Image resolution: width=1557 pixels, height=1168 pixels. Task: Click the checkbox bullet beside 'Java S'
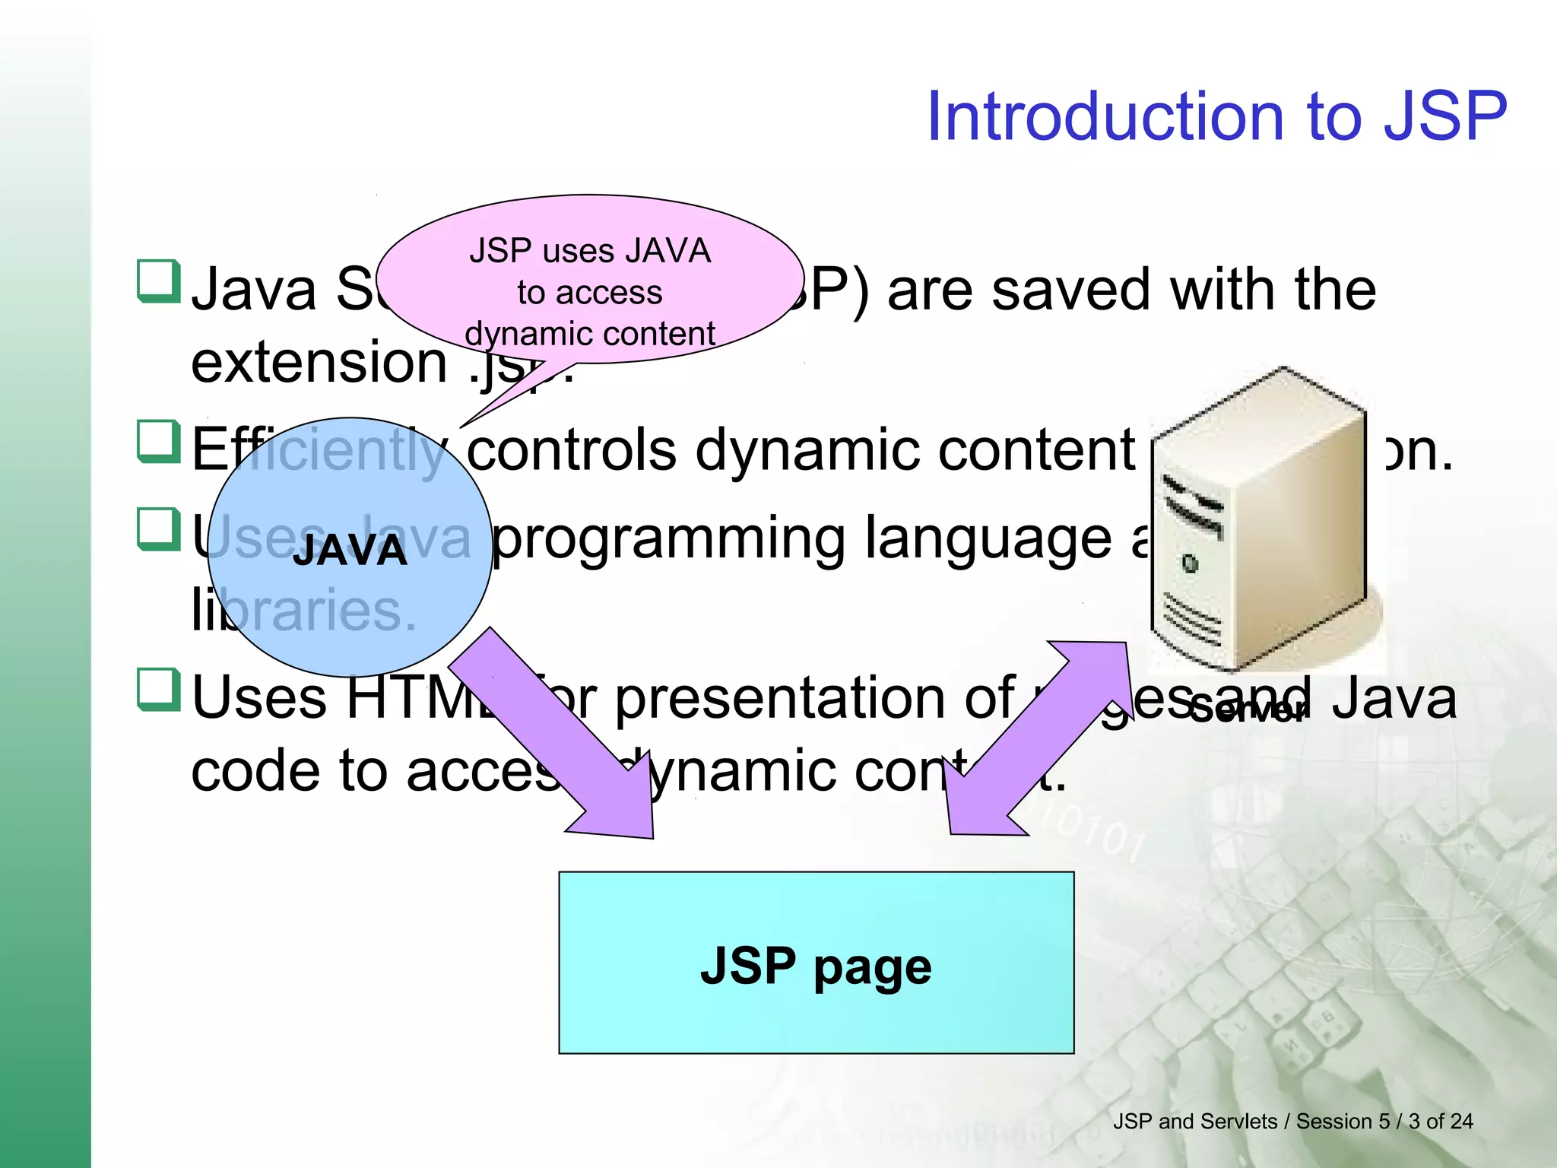pos(158,281)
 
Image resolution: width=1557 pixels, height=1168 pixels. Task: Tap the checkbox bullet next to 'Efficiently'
pos(158,441)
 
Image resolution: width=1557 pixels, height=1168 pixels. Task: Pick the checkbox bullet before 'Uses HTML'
pos(158,689)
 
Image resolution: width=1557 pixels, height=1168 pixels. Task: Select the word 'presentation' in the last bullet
pos(813,698)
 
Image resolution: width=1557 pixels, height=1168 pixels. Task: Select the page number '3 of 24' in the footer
pos(1440,1122)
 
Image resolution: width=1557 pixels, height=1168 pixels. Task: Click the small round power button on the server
pos(1191,563)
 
